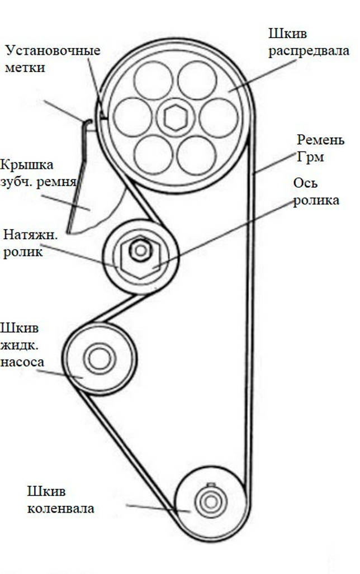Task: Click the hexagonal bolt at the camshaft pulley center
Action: tap(176, 117)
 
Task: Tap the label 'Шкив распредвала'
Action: tap(309, 42)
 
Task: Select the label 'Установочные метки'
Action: tap(52, 59)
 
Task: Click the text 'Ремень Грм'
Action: tap(320, 148)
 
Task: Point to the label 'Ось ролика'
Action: tap(316, 192)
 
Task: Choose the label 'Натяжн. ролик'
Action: tap(30, 243)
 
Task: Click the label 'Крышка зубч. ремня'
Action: tap(37, 173)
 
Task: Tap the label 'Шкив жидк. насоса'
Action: tap(22, 344)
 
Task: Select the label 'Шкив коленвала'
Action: tap(60, 500)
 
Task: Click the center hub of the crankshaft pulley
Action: tap(211, 501)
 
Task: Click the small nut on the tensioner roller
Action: tap(140, 250)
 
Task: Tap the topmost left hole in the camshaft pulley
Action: tap(153, 80)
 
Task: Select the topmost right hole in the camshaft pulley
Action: tap(197, 80)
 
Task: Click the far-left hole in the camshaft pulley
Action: tap(132, 117)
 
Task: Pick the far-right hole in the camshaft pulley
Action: tap(219, 117)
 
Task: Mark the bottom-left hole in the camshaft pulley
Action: tap(154, 155)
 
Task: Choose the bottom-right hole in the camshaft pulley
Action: tap(197, 155)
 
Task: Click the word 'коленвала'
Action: tap(60, 508)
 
